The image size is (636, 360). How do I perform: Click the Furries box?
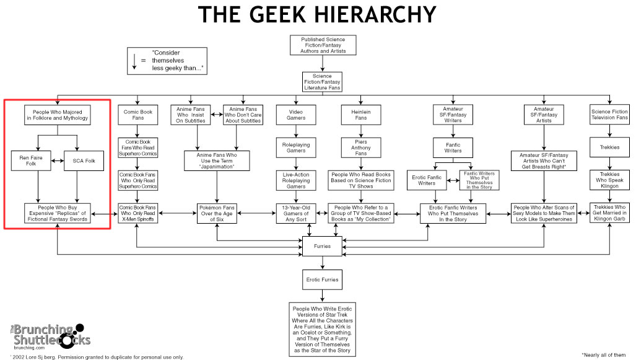321,247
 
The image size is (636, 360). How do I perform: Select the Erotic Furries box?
321,279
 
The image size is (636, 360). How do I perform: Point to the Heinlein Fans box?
360,115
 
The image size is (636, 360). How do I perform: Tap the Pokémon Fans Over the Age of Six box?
217,213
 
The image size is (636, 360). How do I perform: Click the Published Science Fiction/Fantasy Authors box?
322,45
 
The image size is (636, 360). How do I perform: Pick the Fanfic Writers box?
453,147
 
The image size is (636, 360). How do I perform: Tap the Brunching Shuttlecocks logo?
50,338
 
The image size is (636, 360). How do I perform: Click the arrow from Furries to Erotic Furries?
321,263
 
